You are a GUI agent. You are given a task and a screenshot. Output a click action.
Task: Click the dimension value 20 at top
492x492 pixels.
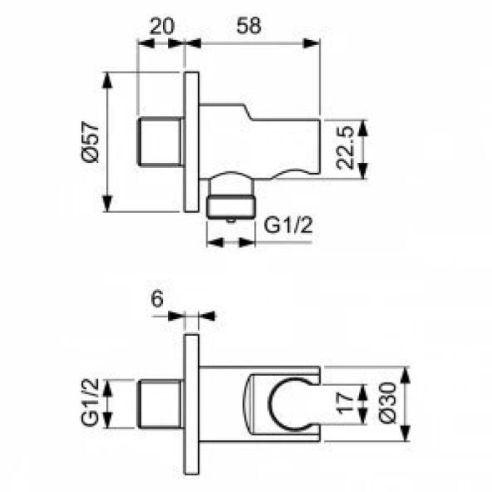(161, 26)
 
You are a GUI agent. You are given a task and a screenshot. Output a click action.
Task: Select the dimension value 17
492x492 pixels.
(342, 404)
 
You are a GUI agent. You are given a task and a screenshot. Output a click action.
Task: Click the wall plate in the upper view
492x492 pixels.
(191, 143)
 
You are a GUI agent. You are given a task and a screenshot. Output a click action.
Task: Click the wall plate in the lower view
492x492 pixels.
(191, 404)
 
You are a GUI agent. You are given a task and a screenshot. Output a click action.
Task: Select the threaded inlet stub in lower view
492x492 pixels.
(159, 404)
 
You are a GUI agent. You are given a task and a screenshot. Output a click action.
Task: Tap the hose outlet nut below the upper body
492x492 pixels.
(231, 205)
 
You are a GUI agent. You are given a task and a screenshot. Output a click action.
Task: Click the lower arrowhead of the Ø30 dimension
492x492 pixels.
(407, 435)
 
